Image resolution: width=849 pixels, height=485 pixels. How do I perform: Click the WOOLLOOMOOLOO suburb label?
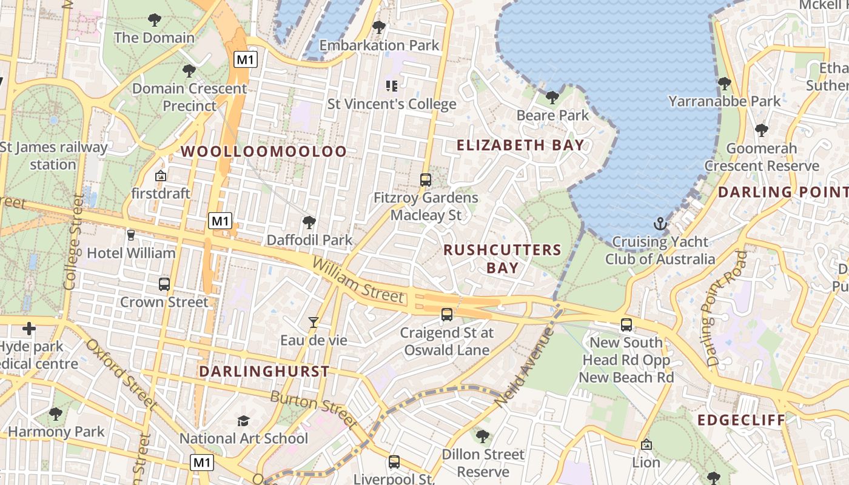pyautogui.click(x=264, y=152)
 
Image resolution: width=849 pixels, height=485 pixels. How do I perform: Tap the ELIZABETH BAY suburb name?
pyautogui.click(x=520, y=145)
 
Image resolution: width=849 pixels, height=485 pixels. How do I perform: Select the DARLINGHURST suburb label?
pyautogui.click(x=264, y=372)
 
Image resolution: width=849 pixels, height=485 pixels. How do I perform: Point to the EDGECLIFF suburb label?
pyautogui.click(x=741, y=420)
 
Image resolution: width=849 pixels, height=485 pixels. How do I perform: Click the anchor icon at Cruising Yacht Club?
pyautogui.click(x=660, y=224)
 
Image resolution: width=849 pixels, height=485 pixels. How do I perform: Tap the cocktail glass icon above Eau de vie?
pyautogui.click(x=313, y=323)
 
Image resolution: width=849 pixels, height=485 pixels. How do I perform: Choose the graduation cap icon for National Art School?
pyautogui.click(x=243, y=421)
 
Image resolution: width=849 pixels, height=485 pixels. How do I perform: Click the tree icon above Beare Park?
pyautogui.click(x=552, y=97)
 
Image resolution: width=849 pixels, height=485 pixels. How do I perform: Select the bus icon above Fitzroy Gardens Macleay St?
pyautogui.click(x=426, y=180)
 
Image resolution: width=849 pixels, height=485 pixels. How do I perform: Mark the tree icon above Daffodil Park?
pyautogui.click(x=309, y=222)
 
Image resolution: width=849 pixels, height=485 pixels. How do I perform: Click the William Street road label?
pyautogui.click(x=358, y=279)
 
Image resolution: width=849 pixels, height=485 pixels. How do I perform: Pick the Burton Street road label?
pyautogui.click(x=312, y=409)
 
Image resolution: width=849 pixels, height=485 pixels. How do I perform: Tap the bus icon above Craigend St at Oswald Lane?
pyautogui.click(x=447, y=315)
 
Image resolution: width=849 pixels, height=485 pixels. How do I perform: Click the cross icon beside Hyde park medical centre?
pyautogui.click(x=29, y=329)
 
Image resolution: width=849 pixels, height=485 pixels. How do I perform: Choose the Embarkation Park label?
pyautogui.click(x=379, y=45)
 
